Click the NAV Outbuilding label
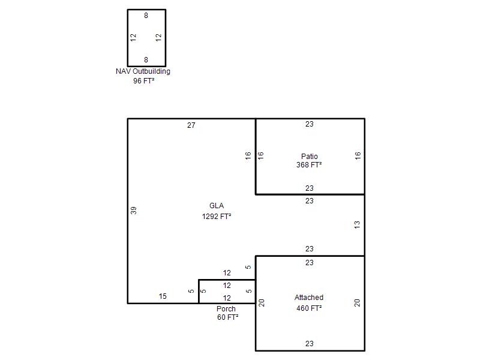click(x=143, y=71)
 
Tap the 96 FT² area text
click(x=143, y=81)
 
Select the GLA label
click(x=217, y=206)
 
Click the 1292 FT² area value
click(x=217, y=217)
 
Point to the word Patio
click(x=309, y=157)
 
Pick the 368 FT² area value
click(x=309, y=164)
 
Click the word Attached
click(x=309, y=297)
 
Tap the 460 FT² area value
click(x=309, y=308)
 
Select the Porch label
click(x=226, y=309)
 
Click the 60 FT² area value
click(x=228, y=317)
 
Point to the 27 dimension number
click(x=191, y=125)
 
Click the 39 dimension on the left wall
click(x=133, y=211)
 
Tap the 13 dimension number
click(x=357, y=225)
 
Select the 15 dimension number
click(x=163, y=296)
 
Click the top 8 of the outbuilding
click(x=146, y=16)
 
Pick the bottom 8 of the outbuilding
click(x=146, y=59)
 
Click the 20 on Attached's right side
click(x=357, y=303)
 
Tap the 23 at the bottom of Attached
click(x=309, y=344)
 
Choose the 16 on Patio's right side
click(x=358, y=155)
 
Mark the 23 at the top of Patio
click(x=309, y=124)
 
